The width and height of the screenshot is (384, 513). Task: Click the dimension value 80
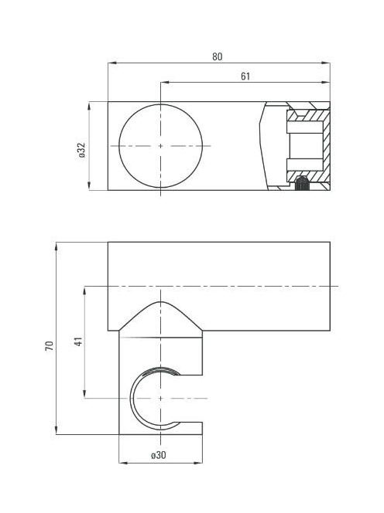tap(217, 56)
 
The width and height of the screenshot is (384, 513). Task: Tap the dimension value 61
tap(245, 76)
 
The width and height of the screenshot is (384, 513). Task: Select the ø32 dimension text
tap(81, 151)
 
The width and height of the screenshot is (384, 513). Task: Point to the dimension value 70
tap(50, 346)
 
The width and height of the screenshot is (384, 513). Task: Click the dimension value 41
tap(79, 341)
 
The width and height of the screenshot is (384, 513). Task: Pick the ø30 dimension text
tap(159, 455)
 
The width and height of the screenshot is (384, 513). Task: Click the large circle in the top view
tap(119, 146)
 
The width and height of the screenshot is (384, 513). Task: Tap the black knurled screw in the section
tap(302, 183)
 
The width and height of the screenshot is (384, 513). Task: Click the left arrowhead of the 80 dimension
tap(112, 63)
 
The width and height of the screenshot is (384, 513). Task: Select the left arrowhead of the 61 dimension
tap(164, 83)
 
